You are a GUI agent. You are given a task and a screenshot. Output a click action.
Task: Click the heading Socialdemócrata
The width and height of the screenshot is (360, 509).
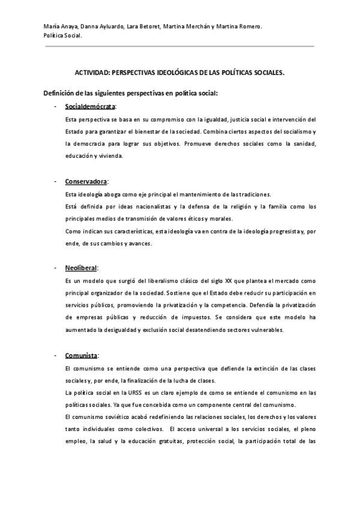point(91,106)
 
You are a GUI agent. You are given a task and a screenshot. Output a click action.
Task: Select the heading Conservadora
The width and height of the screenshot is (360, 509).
point(86,181)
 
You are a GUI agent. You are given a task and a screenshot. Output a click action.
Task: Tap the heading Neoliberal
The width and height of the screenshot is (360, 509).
point(81,267)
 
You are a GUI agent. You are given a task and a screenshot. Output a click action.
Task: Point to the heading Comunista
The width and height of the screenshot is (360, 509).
point(82,354)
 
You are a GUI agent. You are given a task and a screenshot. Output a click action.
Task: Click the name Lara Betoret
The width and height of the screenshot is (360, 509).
point(144,27)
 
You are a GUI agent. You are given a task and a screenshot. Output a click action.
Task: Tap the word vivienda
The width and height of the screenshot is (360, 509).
point(110,156)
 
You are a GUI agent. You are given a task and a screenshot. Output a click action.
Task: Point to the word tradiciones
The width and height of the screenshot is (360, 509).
point(254,194)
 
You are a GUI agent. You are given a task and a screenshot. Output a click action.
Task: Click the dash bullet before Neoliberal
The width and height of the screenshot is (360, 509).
point(55,267)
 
